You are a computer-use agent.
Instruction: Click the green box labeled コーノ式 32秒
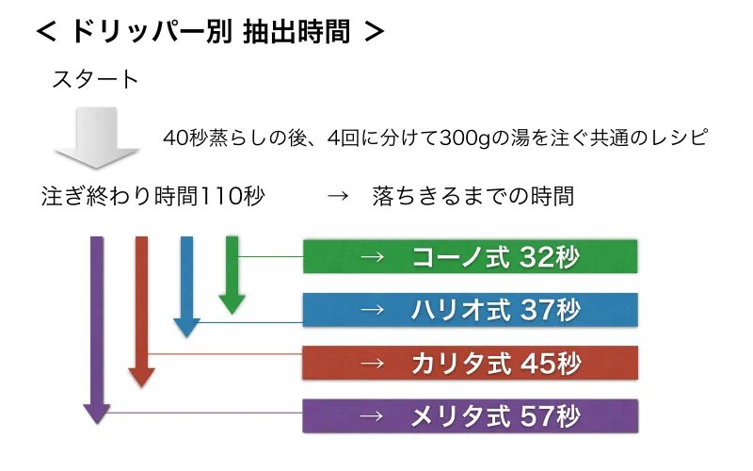tap(470, 256)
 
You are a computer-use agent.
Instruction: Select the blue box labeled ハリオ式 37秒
tap(470, 310)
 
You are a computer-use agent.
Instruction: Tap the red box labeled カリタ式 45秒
tap(470, 363)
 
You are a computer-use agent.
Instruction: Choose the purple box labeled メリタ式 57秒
tap(470, 415)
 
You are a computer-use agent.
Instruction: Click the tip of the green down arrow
tap(232, 315)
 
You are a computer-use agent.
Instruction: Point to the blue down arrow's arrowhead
tap(186, 328)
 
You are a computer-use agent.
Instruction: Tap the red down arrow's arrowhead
tap(141, 379)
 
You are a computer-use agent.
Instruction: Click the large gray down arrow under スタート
tap(97, 138)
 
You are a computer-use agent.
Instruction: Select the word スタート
tap(96, 79)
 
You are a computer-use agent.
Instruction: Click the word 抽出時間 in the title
tap(296, 32)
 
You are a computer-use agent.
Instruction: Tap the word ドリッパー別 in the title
tap(152, 32)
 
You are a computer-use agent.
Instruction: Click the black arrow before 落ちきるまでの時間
tap(338, 196)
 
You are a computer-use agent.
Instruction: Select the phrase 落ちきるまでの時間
tap(473, 196)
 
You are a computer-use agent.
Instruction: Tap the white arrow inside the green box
tap(373, 257)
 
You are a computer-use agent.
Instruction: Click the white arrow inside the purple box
tap(373, 416)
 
